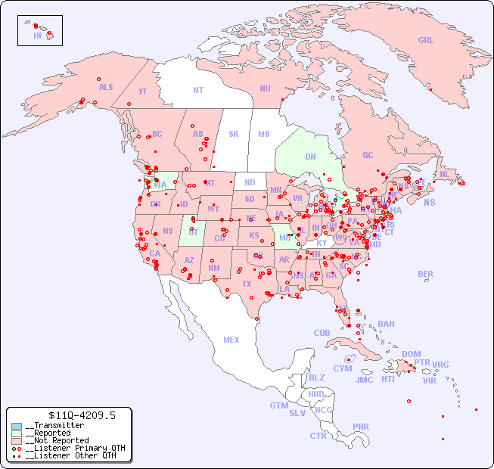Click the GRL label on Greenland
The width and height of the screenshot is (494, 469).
click(x=426, y=41)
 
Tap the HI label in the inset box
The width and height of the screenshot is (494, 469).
click(x=37, y=36)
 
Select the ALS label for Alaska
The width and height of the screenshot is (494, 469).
click(x=106, y=87)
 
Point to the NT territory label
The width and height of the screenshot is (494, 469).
click(x=198, y=89)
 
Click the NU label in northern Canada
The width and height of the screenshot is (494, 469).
click(x=265, y=89)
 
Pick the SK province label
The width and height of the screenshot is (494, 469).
click(x=234, y=134)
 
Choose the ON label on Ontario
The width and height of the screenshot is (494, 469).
click(x=310, y=157)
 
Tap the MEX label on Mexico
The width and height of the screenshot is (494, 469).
click(x=231, y=340)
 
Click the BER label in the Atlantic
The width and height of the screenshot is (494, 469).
click(x=426, y=274)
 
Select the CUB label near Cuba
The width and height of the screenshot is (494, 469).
click(x=322, y=333)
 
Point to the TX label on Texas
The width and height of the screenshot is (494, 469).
click(x=247, y=284)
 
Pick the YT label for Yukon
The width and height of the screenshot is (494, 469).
click(x=142, y=92)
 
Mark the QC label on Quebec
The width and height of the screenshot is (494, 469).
click(x=368, y=155)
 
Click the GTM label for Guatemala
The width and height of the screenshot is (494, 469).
click(x=278, y=405)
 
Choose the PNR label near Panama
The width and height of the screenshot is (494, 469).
click(x=361, y=427)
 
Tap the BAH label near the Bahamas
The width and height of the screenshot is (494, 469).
click(x=386, y=324)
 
